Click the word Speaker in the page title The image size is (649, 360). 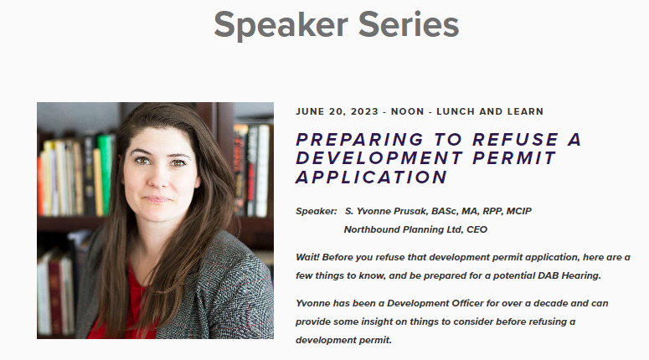[281, 26]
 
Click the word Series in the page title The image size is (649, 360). [409, 25]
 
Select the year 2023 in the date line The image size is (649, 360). [364, 111]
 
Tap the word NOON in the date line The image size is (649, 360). [408, 111]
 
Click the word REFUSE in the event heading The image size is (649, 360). [515, 140]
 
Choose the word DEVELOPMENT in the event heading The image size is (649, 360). [379, 158]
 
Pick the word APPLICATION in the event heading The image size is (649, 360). [371, 177]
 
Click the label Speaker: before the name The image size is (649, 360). [317, 212]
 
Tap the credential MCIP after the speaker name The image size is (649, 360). [518, 211]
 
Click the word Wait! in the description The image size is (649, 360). [307, 257]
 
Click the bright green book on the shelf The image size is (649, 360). [106, 174]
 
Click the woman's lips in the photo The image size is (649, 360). [157, 199]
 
